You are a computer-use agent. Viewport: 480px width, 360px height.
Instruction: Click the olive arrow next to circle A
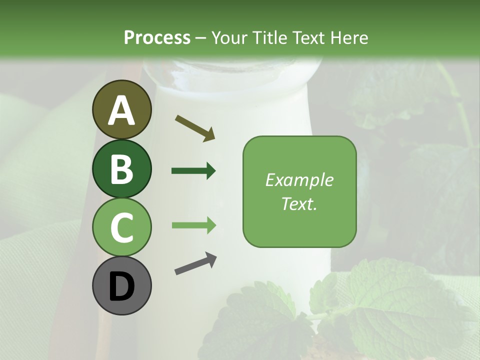(x=195, y=127)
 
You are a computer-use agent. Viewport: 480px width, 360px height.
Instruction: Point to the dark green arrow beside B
(x=193, y=171)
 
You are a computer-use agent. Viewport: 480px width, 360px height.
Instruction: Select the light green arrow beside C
(x=193, y=225)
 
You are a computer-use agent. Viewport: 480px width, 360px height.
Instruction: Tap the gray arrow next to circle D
(x=196, y=264)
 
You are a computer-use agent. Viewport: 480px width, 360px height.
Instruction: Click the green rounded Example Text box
(x=299, y=191)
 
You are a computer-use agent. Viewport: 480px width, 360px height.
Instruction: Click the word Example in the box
(x=299, y=180)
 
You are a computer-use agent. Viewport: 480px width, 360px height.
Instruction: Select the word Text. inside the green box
(x=299, y=203)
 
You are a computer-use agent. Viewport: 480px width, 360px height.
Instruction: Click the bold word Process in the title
(x=157, y=37)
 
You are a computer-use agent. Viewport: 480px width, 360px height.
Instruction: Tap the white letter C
(x=121, y=227)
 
